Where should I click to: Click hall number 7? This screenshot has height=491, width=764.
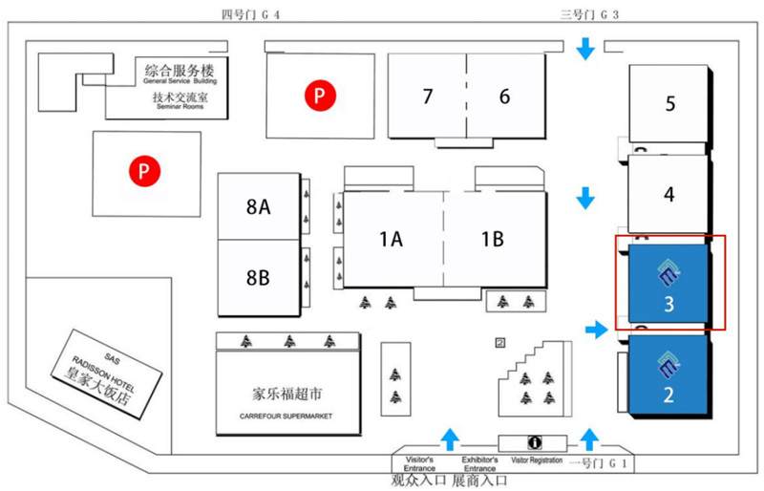[x=428, y=96]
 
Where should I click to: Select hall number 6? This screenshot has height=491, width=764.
[x=504, y=96]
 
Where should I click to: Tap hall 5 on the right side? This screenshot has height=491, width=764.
[x=670, y=103]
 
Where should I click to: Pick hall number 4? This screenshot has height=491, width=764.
[x=669, y=194]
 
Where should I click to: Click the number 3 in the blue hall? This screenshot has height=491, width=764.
[x=669, y=304]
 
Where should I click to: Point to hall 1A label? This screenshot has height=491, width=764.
[x=391, y=240]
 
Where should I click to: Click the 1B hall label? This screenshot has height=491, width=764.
[x=492, y=240]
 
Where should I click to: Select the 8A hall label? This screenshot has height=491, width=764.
[x=258, y=205]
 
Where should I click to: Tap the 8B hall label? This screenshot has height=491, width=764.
[x=258, y=278]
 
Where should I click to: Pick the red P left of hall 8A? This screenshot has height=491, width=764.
[x=143, y=172]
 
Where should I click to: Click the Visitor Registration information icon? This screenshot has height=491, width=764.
[x=536, y=443]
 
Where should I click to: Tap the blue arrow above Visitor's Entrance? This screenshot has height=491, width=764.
[x=448, y=439]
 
